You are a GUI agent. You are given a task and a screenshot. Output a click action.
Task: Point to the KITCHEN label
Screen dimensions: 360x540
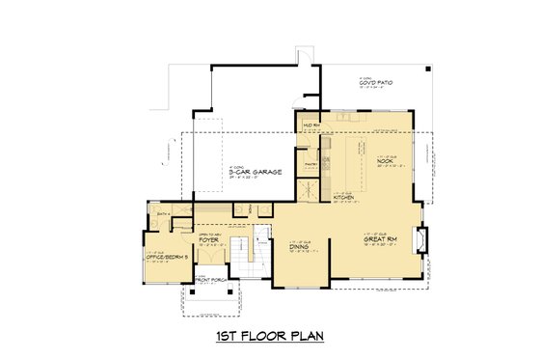tap(344, 199)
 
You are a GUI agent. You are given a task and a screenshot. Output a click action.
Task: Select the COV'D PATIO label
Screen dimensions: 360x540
tap(373, 85)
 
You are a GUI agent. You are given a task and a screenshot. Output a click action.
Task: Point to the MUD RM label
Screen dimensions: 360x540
tap(310, 125)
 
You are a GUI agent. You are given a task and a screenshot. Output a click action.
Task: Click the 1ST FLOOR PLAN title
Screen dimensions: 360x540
tap(269, 337)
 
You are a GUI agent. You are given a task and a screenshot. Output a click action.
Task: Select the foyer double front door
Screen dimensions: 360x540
tap(209, 274)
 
